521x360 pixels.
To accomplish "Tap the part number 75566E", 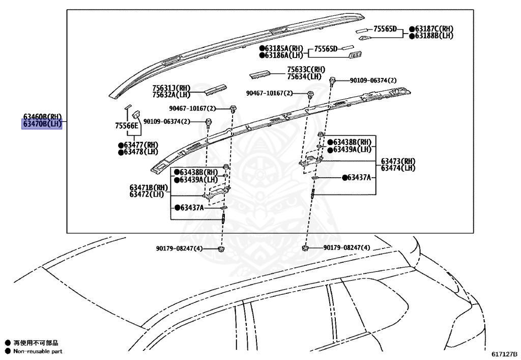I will tap(126, 126).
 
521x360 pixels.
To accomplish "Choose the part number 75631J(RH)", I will tap(171, 88).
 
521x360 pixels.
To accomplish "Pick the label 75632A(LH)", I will tap(171, 95).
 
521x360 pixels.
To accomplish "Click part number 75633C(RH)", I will tap(306, 70).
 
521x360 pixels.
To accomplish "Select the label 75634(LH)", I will tap(304, 76).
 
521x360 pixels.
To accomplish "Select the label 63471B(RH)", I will tap(149, 187).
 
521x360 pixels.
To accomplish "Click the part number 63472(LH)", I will tap(147, 194).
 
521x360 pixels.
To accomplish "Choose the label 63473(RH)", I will tap(398, 161).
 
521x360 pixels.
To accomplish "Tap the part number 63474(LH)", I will tap(398, 168).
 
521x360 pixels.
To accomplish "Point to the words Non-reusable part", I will tap(38, 351).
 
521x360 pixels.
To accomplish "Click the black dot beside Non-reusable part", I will tap(8, 351).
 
